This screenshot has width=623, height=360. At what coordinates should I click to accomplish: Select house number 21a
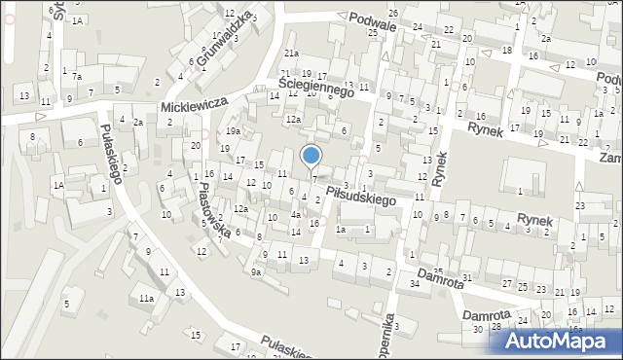coord(291,53)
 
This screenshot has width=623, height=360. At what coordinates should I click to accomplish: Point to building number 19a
coord(234,131)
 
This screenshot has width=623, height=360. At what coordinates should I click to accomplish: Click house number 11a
coord(146,298)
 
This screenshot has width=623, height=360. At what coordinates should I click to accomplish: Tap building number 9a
coord(256,272)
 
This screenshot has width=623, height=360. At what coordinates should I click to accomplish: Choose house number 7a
coord(77,76)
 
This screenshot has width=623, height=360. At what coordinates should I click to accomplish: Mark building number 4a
coord(295,215)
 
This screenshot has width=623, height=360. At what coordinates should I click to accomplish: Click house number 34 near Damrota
coord(415,283)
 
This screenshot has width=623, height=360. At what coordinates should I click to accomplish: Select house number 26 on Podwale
coord(392,13)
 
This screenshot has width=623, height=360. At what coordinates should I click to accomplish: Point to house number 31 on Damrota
coord(467,278)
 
